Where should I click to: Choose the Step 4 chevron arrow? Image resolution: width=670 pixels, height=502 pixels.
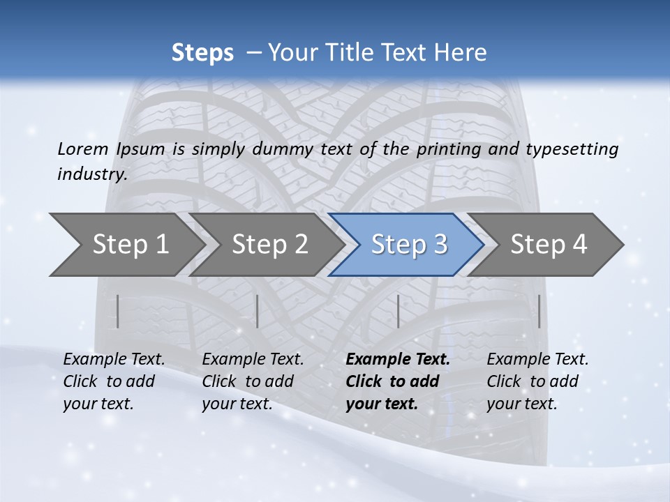547,245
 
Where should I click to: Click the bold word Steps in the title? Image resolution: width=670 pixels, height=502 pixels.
202,52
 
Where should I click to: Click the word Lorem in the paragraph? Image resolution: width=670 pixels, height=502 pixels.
83,149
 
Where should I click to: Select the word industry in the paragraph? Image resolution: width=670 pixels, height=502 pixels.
91,174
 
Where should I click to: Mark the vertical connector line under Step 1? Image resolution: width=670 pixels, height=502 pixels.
118,311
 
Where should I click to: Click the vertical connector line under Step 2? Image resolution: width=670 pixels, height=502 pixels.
258,311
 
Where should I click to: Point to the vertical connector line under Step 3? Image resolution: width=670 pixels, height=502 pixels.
398,311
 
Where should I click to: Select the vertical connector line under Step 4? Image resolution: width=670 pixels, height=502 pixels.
539,311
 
